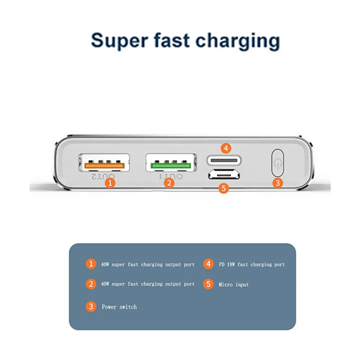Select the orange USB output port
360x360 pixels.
click(104, 162)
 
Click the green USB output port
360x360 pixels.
click(171, 162)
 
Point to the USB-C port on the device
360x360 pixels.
click(224, 159)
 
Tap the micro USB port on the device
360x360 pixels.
click(224, 174)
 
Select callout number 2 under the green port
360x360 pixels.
click(169, 183)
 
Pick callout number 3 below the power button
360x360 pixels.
click(279, 183)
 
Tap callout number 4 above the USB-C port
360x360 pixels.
click(226, 147)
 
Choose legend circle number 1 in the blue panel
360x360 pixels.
click(91, 264)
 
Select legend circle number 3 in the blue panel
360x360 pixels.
click(91, 307)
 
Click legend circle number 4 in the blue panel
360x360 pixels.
click(208, 264)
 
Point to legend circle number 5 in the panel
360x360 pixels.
click(208, 284)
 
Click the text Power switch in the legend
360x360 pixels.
click(119, 307)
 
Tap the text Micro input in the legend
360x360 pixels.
click(234, 284)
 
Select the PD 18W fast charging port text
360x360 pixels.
click(252, 265)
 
